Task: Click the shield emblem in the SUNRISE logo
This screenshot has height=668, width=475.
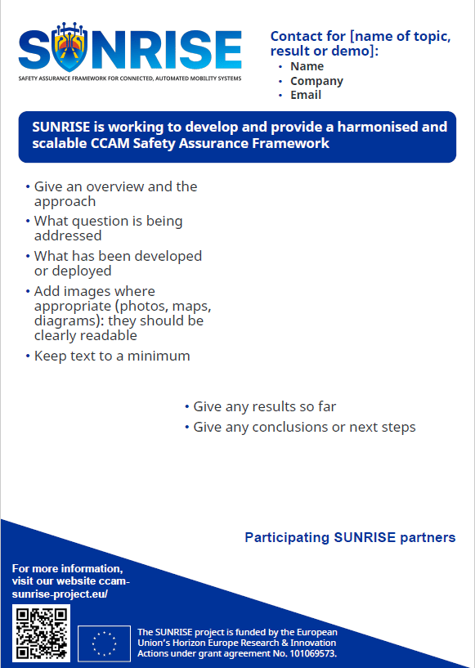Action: tap(69, 47)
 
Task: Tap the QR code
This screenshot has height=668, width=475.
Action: tap(42, 633)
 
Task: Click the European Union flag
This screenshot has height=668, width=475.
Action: tap(105, 643)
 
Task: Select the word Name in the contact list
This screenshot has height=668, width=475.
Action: tap(307, 66)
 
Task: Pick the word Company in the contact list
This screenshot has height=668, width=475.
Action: tap(316, 81)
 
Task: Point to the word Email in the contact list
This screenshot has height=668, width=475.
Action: tap(306, 95)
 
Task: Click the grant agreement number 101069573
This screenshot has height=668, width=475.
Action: tap(313, 653)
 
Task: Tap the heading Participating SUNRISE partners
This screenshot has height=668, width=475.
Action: tap(350, 537)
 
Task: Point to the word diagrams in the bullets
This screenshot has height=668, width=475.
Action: tap(69, 321)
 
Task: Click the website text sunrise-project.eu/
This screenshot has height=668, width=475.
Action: tap(60, 594)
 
